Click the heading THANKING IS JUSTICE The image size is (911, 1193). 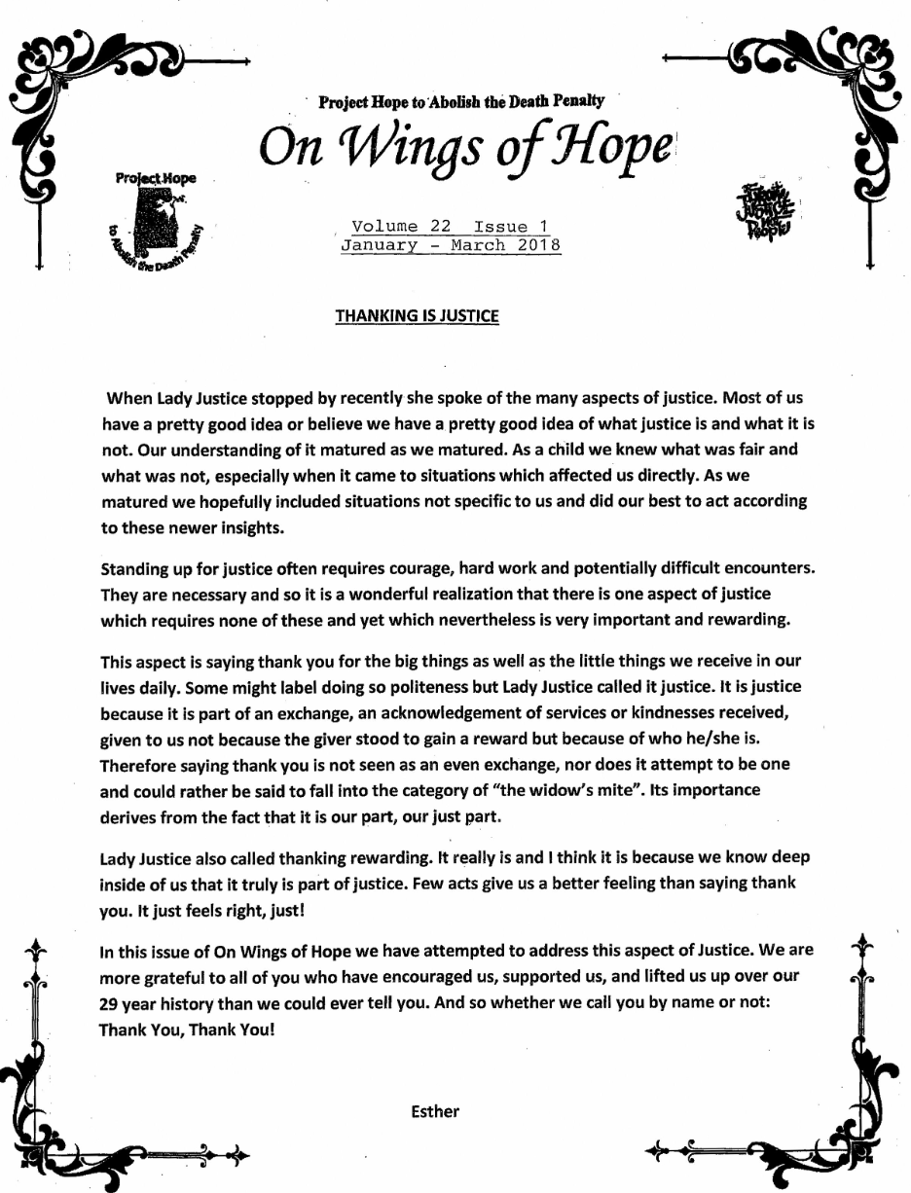(x=417, y=315)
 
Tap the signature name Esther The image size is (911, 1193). (x=435, y=1111)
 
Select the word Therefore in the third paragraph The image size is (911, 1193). (x=140, y=764)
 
